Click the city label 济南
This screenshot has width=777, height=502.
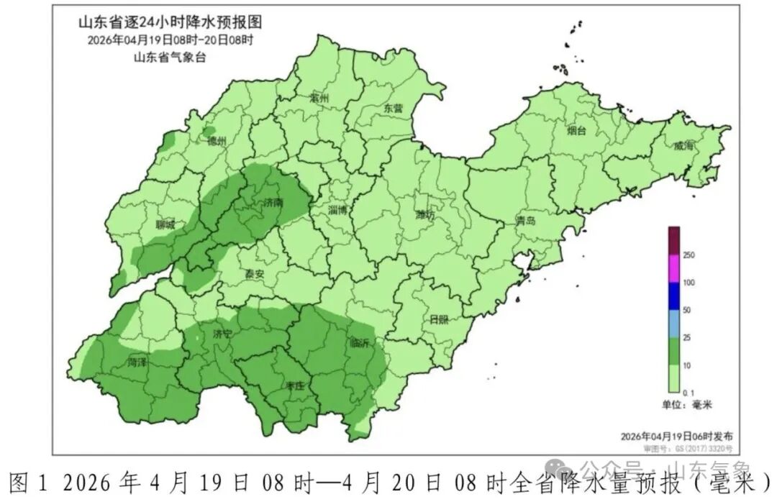[x=273, y=204]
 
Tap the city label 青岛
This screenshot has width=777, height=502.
[x=525, y=221]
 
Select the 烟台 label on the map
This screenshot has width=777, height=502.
[x=576, y=131]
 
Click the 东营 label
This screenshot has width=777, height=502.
[x=394, y=108]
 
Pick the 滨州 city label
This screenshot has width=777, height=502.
[x=318, y=98]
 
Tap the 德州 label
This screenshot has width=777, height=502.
[x=216, y=141]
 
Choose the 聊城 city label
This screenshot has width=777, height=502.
[x=165, y=224]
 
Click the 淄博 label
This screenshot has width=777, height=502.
[x=337, y=210]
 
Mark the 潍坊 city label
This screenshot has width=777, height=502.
[x=425, y=214]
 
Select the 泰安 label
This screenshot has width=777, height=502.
[x=254, y=274]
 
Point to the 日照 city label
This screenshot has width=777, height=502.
[x=439, y=319]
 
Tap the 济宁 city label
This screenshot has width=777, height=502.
[x=223, y=334]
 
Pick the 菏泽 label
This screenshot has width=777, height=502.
[x=137, y=362]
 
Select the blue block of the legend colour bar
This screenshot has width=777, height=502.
[x=674, y=296]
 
